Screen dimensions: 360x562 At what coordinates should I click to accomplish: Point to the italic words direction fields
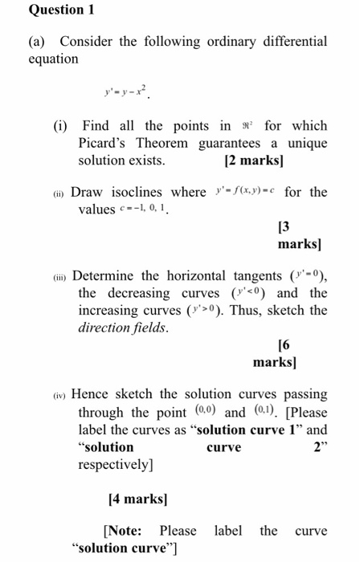coord(117,328)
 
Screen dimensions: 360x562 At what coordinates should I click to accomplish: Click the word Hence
coord(92,394)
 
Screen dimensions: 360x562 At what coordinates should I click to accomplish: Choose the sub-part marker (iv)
coord(62,395)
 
